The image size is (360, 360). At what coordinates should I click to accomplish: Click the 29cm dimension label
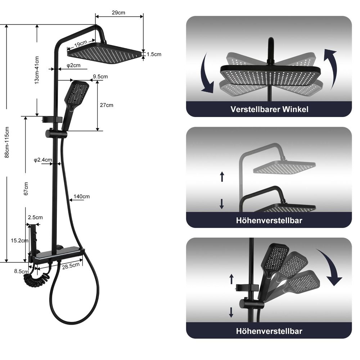tap(118, 13)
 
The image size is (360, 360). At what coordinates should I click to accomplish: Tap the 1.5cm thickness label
tap(154, 54)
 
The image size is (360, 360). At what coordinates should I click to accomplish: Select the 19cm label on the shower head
tap(81, 44)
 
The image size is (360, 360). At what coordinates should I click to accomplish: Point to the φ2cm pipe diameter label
tap(73, 66)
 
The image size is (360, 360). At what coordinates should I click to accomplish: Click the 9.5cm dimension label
tap(100, 76)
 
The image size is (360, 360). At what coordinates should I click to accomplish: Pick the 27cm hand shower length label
tap(107, 105)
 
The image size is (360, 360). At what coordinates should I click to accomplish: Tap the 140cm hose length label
tap(81, 197)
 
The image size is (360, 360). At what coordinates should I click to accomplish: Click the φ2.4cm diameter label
tap(43, 160)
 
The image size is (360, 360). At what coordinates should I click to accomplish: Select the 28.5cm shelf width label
tap(71, 266)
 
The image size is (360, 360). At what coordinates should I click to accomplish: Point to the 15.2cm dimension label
tap(19, 240)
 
